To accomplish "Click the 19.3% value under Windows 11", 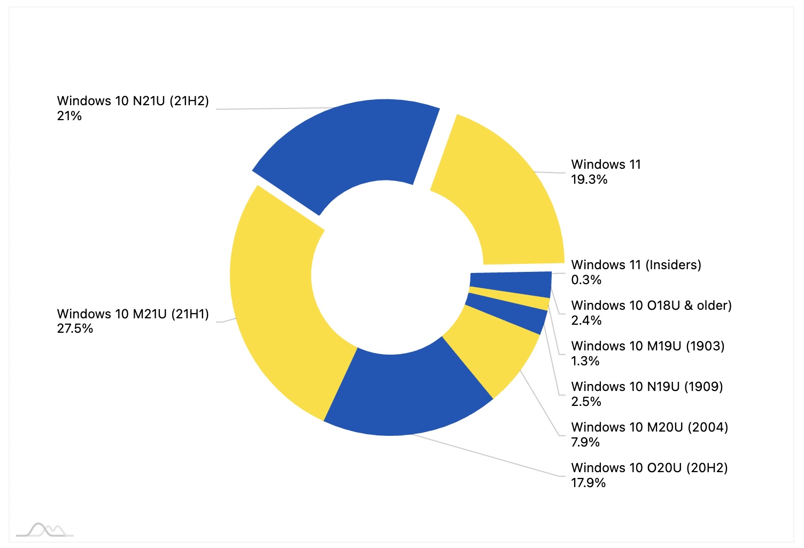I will [589, 180].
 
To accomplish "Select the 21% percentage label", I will [69, 116].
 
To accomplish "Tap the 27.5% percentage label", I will [75, 329].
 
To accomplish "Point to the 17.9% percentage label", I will [588, 483].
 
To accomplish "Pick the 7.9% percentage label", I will [585, 443].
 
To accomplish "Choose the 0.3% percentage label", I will [586, 280].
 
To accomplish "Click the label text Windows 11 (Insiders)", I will [636, 265].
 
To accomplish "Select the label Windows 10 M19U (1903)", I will [648, 346].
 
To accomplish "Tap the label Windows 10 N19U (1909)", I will [647, 387].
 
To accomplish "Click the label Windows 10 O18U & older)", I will [651, 306].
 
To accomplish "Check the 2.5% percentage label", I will [586, 402].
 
